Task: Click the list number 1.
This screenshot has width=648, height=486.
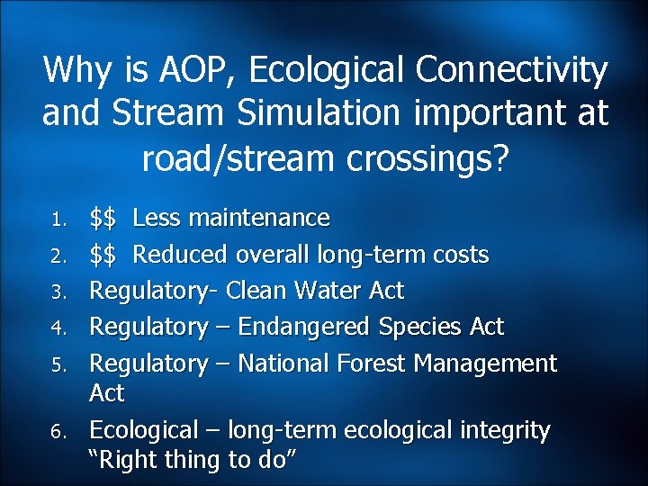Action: (56, 220)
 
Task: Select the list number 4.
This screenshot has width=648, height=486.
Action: (56, 328)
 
